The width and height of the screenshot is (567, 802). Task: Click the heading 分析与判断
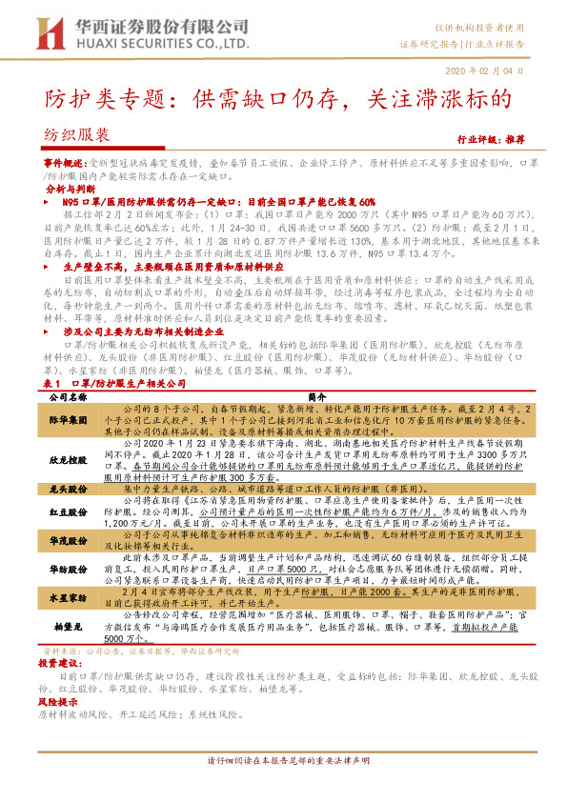(x=71, y=190)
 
